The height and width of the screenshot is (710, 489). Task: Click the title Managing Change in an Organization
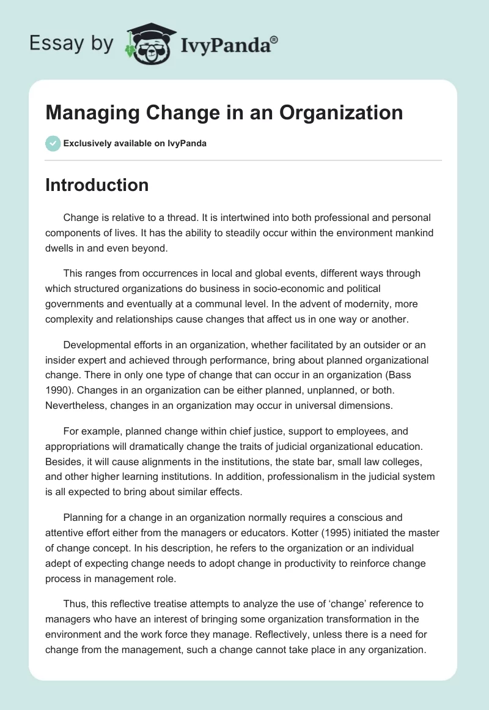tap(224, 113)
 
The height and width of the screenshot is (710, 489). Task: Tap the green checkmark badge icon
tap(53, 143)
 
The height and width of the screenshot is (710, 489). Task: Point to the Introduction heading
tap(97, 185)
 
